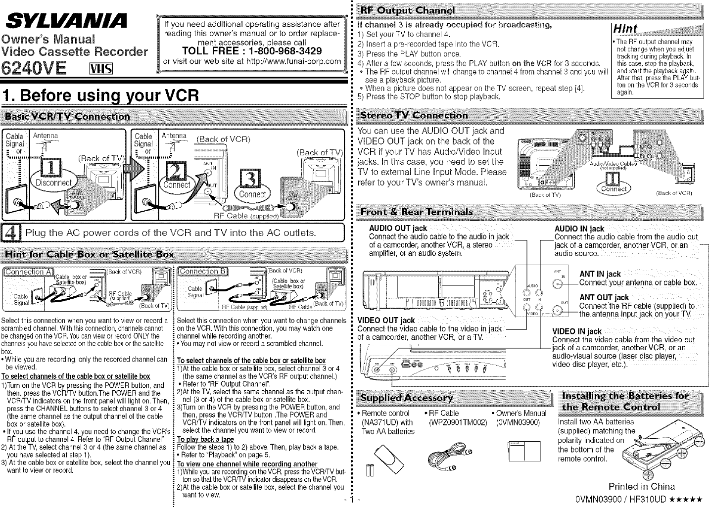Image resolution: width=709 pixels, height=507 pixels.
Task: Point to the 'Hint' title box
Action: pyautogui.click(x=625, y=29)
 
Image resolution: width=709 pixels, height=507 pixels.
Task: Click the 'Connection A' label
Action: pyautogui.click(x=27, y=272)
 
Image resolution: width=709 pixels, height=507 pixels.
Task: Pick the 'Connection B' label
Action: pyautogui.click(x=202, y=271)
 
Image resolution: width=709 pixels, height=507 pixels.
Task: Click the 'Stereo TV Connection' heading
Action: pyautogui.click(x=415, y=115)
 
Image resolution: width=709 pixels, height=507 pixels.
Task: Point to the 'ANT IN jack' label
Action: pyautogui.click(x=600, y=274)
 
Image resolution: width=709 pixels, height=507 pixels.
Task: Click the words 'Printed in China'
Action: pyautogui.click(x=641, y=486)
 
